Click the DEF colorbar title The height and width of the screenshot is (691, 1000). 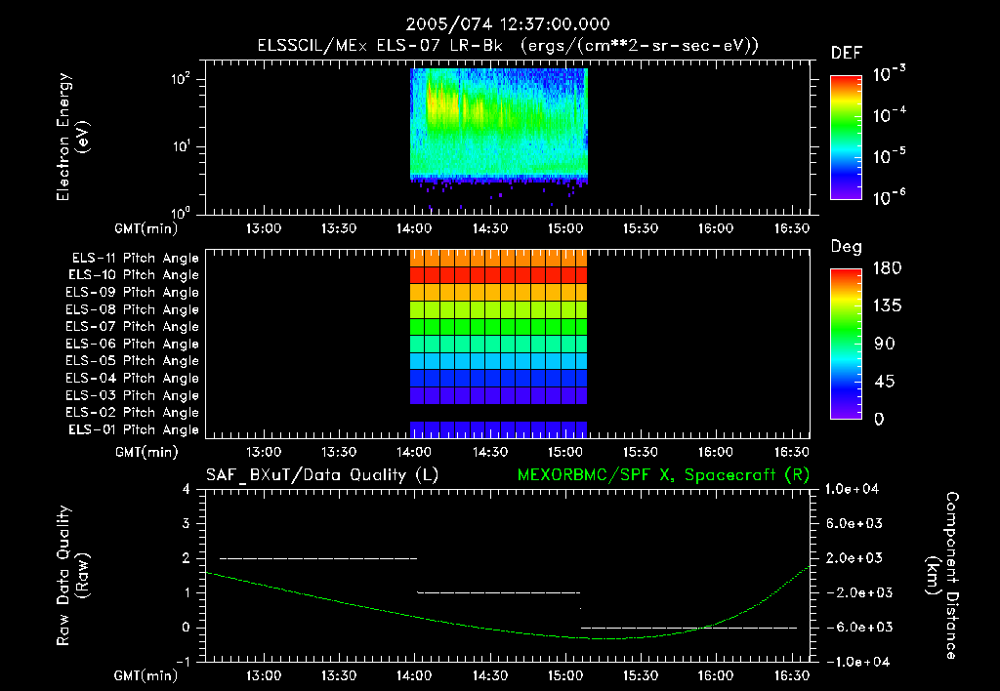point(846,53)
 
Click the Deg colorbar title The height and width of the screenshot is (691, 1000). point(845,247)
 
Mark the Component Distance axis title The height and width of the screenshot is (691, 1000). point(944,576)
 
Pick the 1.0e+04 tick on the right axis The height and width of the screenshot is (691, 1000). point(854,489)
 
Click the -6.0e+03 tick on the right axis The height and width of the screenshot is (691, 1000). point(854,627)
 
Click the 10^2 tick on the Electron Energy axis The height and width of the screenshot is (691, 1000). point(182,81)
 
